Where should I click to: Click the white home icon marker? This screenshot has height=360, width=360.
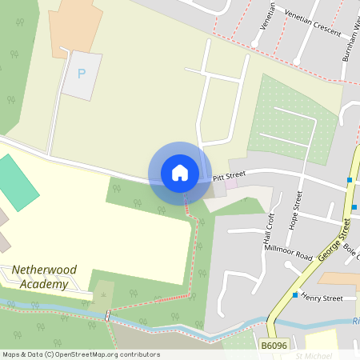pos(180,173)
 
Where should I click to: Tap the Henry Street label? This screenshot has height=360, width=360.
pos(322,298)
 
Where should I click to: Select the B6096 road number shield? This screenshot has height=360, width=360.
pos(274,345)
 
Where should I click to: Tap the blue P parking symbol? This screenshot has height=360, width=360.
pos(81,74)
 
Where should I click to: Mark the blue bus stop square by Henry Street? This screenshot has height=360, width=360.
pos(295,295)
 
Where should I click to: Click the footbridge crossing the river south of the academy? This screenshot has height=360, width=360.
pos(107,315)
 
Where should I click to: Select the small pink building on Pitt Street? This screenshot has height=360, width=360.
pos(232,184)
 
